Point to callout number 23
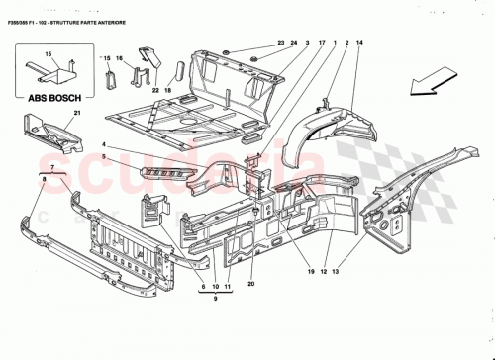click(280, 42)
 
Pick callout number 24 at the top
click(294, 42)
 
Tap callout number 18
click(168, 89)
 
